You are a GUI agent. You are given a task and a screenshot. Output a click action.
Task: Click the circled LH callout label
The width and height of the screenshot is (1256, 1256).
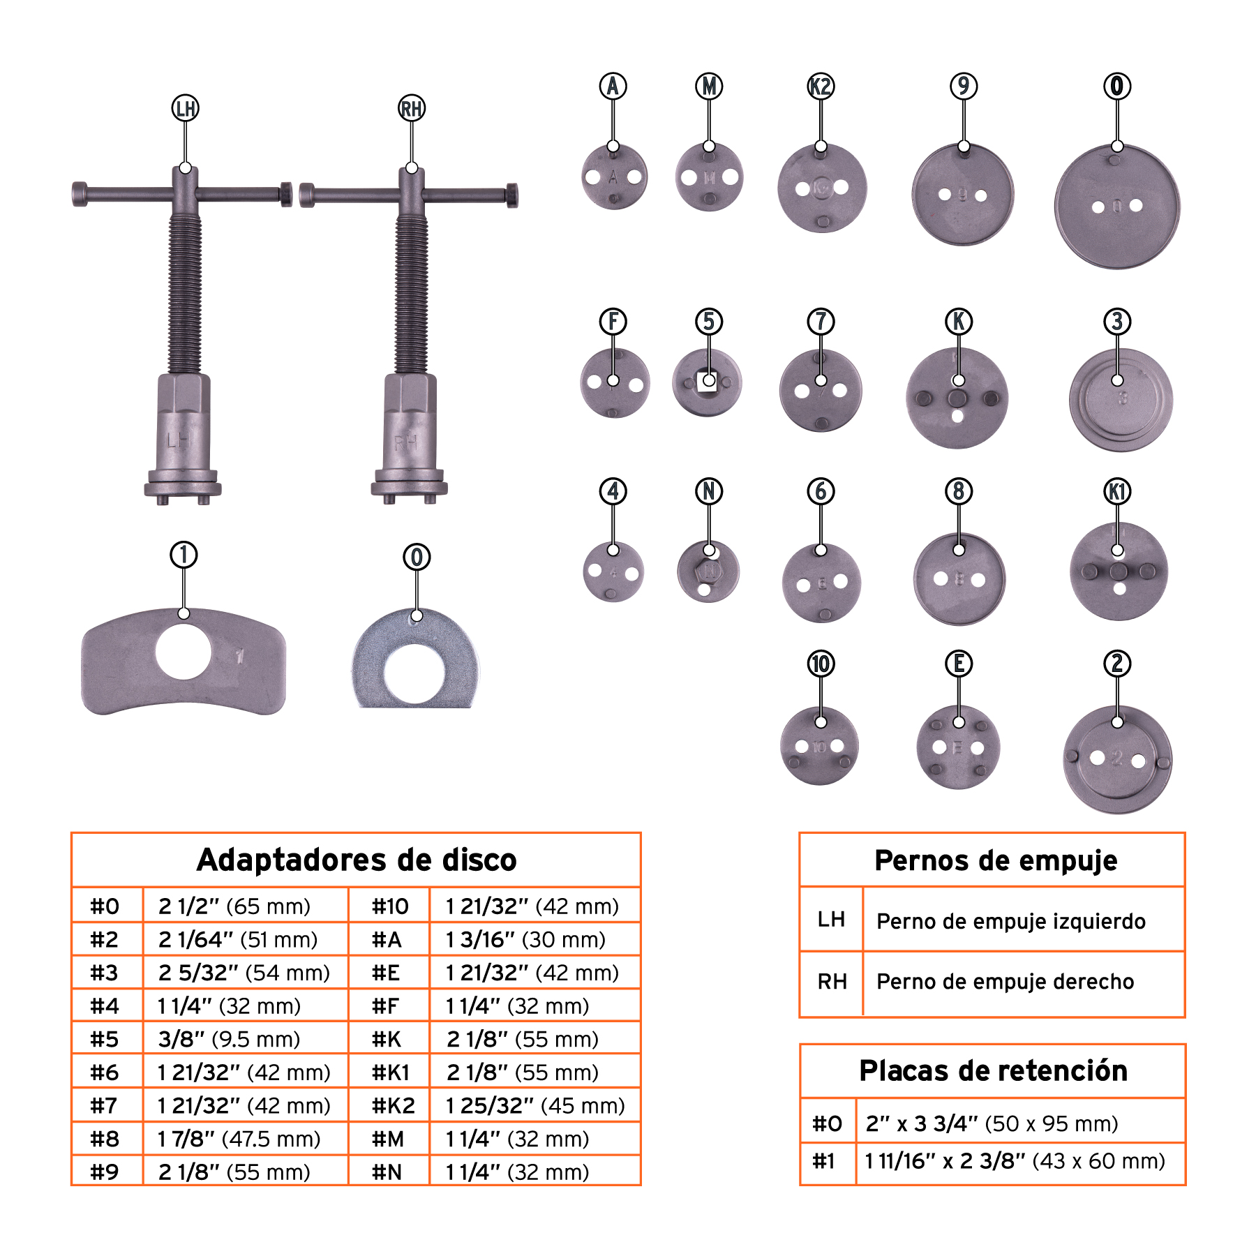[x=185, y=108]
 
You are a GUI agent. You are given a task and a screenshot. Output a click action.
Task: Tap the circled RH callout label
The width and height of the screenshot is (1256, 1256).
[x=412, y=108]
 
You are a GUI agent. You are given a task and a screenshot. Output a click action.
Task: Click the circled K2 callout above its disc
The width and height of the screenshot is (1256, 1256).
[x=821, y=87]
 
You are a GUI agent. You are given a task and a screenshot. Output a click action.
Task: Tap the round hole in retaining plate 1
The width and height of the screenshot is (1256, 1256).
[x=184, y=652]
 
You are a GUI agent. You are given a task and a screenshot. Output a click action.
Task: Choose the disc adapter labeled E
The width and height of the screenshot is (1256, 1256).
[x=958, y=747]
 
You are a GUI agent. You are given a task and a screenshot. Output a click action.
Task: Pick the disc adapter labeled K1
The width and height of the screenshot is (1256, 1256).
[x=1119, y=571]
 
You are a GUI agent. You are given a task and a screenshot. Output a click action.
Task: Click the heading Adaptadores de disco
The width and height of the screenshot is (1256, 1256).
[x=357, y=860]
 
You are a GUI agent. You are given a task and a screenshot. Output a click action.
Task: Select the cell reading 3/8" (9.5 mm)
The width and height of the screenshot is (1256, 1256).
[x=230, y=1039]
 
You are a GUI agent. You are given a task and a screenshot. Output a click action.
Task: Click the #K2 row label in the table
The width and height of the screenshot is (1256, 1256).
[x=393, y=1105]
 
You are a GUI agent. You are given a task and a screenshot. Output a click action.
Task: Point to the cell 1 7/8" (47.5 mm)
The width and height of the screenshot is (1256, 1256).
[x=239, y=1139]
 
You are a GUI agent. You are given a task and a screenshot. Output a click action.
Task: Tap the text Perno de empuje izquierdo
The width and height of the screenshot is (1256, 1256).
[x=1010, y=921]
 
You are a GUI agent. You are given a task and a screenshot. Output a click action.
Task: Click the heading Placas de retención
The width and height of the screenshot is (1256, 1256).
[x=992, y=1070]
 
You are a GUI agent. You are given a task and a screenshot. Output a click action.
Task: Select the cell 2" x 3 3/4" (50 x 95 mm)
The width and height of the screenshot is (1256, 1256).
[x=992, y=1123]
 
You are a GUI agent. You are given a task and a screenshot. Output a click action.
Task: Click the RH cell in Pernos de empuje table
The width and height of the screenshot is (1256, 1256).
[x=832, y=982]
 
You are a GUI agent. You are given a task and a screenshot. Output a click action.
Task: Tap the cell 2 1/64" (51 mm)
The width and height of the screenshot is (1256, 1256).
[x=238, y=939]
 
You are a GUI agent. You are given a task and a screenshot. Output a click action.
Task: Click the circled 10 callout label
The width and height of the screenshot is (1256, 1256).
[x=821, y=664]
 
